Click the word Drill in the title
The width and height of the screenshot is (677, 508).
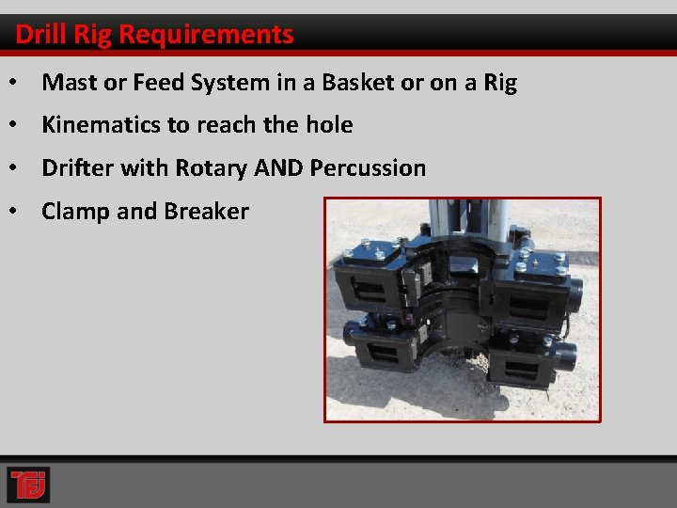point(37,35)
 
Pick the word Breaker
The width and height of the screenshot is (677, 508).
point(204,212)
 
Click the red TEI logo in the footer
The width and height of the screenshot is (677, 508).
point(28,484)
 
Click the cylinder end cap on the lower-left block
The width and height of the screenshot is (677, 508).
point(351,331)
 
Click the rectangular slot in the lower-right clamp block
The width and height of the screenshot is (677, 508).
point(527,362)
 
